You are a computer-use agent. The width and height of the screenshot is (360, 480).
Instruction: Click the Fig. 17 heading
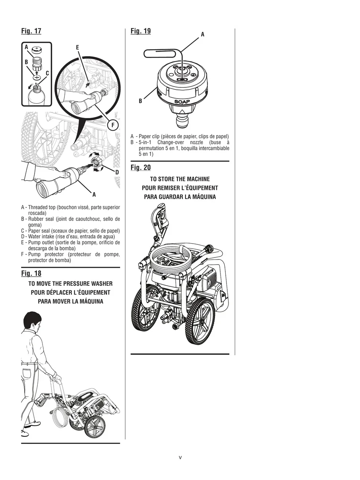point(31,31)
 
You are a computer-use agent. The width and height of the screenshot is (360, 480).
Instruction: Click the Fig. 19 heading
point(141,31)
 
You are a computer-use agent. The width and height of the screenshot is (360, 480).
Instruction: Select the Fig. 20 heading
point(141,168)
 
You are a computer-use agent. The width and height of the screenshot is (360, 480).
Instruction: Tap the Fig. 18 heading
point(31,273)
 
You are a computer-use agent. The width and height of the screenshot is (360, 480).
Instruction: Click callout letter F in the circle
point(113,125)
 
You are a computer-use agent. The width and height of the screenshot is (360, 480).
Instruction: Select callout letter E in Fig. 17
point(77,48)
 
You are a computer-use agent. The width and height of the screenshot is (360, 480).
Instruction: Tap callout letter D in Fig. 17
point(117,172)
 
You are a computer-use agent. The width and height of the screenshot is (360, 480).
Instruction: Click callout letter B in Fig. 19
point(140,101)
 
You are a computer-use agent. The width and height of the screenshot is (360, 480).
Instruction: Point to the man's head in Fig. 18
point(33,321)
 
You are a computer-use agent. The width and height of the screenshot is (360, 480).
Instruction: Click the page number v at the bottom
point(180,457)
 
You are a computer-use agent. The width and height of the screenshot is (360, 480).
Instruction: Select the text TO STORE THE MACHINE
point(180,179)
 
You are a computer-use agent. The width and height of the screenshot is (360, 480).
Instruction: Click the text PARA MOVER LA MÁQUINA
point(70,301)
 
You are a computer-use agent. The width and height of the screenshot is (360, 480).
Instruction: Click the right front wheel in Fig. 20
point(200,321)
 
